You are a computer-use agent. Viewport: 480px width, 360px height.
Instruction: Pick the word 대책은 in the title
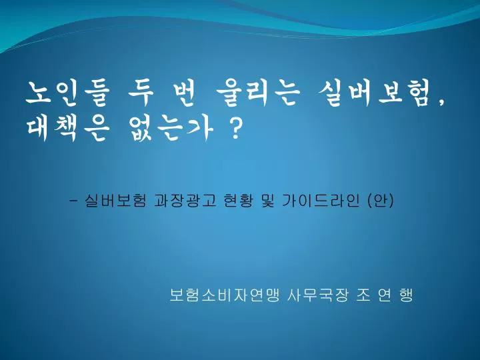67,129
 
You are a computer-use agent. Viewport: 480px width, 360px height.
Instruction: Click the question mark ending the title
234,129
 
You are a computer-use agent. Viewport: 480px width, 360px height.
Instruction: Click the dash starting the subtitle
73,201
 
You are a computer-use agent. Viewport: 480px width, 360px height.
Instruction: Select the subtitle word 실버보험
115,201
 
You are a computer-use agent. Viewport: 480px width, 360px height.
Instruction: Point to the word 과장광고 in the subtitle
185,201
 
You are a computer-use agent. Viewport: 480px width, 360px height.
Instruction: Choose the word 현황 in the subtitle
239,201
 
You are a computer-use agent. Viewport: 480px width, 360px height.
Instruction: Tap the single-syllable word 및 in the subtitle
268,201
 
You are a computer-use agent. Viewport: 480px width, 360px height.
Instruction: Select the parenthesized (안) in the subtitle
380,201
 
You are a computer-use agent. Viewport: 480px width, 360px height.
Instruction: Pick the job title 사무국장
318,295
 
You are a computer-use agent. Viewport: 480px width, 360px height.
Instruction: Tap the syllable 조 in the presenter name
363,295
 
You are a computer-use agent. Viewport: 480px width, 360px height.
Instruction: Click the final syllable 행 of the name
406,295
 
